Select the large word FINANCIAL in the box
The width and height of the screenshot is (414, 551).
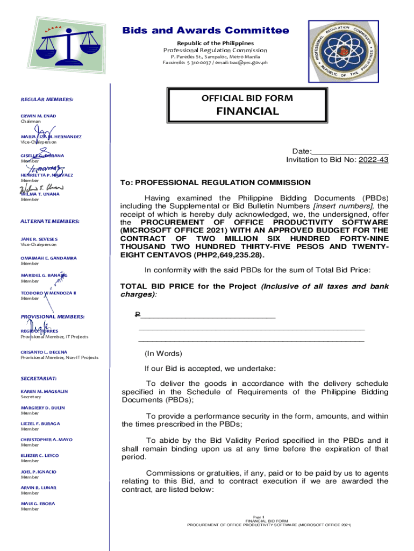point(247,111)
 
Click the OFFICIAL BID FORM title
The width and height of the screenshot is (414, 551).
point(247,98)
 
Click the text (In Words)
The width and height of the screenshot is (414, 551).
point(163,354)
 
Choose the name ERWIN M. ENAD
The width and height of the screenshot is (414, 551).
point(38,116)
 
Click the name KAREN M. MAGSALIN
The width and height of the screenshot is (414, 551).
point(45,391)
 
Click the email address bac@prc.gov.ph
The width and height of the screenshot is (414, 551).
point(245,62)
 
